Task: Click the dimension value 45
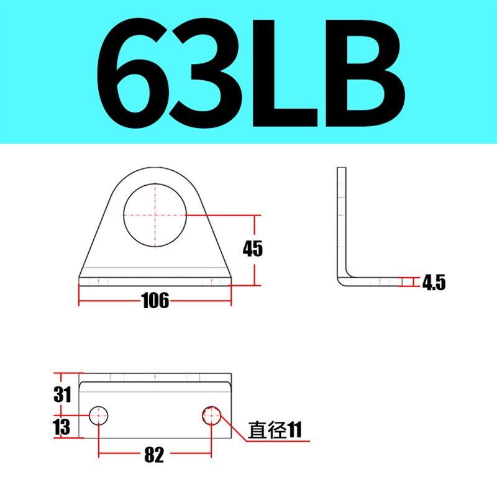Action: pyautogui.click(x=253, y=249)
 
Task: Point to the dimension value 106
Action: pyautogui.click(x=155, y=301)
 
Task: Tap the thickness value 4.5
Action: pyautogui.click(x=434, y=283)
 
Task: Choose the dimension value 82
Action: pyautogui.click(x=154, y=455)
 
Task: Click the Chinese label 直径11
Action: pyautogui.click(x=274, y=430)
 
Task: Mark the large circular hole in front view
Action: pyautogui.click(x=155, y=215)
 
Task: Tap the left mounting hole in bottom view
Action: pyautogui.click(x=99, y=415)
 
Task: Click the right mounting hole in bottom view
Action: pyautogui.click(x=212, y=415)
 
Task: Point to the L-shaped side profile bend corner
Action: pyautogui.click(x=345, y=278)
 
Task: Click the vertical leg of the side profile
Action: pyautogui.click(x=342, y=217)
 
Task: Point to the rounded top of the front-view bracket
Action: pyautogui.click(x=155, y=173)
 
